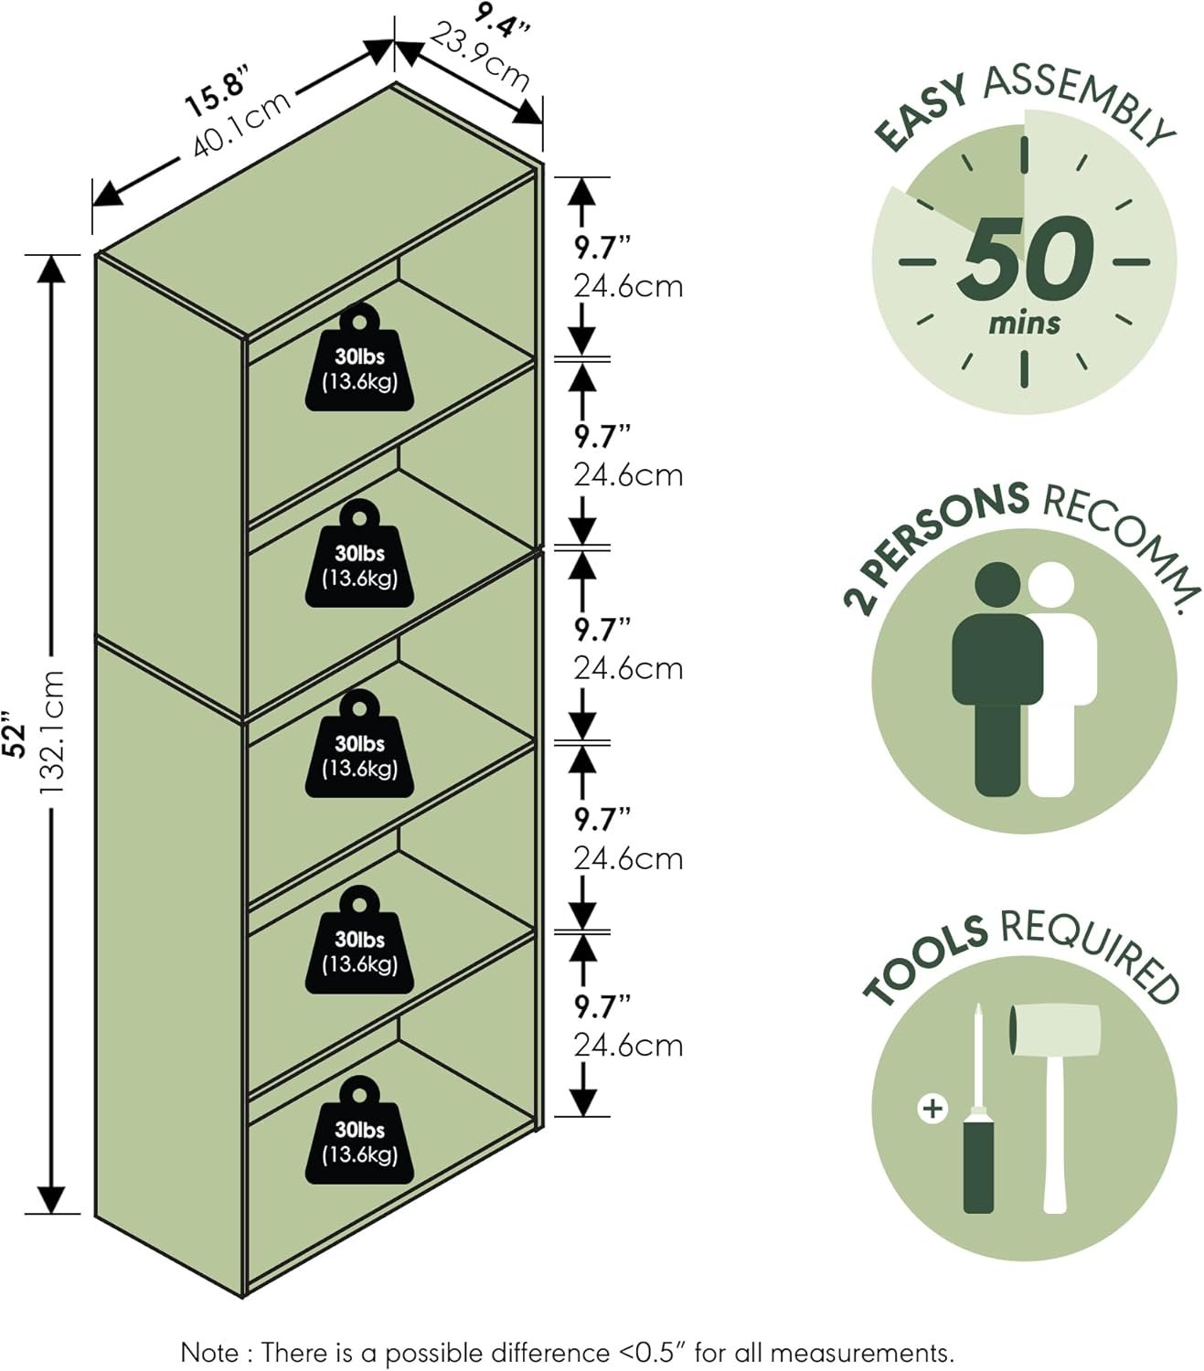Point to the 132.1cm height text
(51, 731)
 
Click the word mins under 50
(1025, 323)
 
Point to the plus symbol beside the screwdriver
(932, 1109)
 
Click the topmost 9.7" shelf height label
(602, 247)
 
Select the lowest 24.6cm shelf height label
(628, 1045)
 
